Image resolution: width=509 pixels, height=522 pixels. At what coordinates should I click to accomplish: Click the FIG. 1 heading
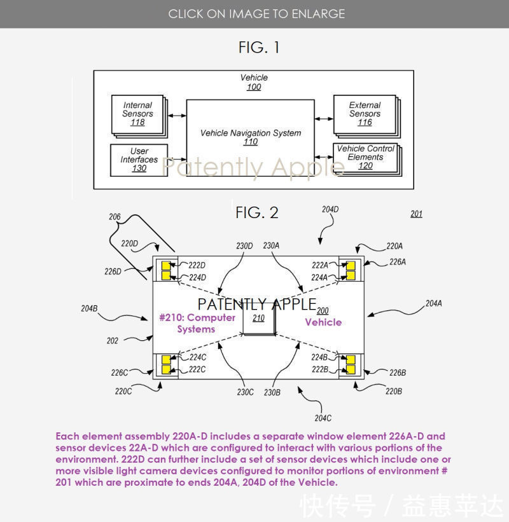click(x=258, y=47)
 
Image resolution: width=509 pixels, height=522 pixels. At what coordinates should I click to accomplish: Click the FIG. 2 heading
click(x=257, y=212)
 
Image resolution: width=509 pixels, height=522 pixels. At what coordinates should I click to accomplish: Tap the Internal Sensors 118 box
click(x=137, y=114)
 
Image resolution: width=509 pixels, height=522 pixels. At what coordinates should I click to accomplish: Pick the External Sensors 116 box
click(x=365, y=114)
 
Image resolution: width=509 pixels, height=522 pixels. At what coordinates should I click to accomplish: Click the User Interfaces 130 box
click(x=139, y=160)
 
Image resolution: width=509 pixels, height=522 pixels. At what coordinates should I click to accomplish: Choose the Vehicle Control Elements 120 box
click(x=365, y=158)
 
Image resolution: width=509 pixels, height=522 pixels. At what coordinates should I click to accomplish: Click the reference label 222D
click(x=197, y=265)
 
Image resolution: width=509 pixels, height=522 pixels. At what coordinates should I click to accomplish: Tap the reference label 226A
click(x=398, y=261)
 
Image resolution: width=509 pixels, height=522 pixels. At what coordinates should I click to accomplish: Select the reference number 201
click(x=416, y=214)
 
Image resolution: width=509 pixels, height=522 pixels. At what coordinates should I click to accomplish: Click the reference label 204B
click(x=89, y=308)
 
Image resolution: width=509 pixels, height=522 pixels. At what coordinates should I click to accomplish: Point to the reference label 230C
click(x=246, y=392)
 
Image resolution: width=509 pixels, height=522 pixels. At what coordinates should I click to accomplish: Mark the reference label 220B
click(x=394, y=392)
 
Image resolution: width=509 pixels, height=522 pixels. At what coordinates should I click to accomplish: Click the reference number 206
click(x=115, y=217)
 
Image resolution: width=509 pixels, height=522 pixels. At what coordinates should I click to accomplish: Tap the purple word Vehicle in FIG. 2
click(x=323, y=322)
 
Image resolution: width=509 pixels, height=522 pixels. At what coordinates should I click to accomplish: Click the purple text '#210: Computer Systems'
click(x=197, y=323)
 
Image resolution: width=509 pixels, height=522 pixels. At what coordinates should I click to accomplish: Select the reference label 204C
click(x=323, y=418)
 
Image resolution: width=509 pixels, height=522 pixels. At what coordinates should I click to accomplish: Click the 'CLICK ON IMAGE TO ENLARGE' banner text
click(x=256, y=13)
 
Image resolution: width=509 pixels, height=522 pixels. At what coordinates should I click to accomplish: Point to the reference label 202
click(x=113, y=341)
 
